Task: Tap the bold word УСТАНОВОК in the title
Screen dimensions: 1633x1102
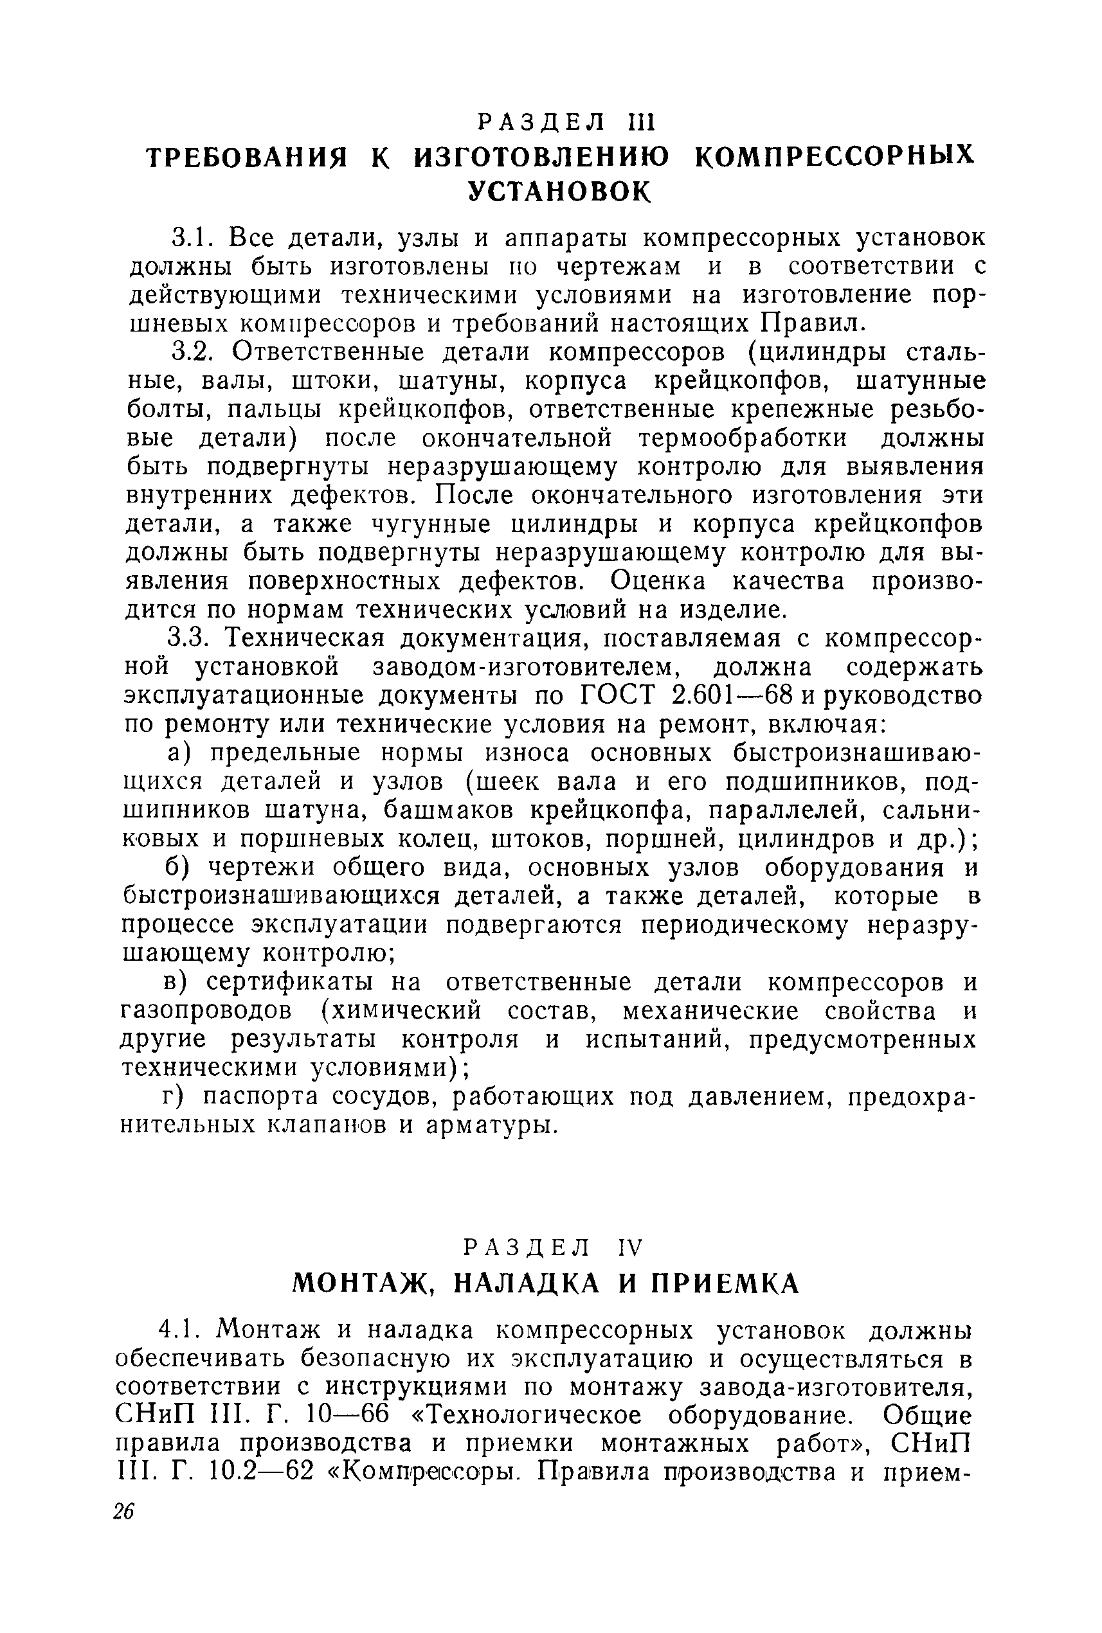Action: pyautogui.click(x=560, y=190)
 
